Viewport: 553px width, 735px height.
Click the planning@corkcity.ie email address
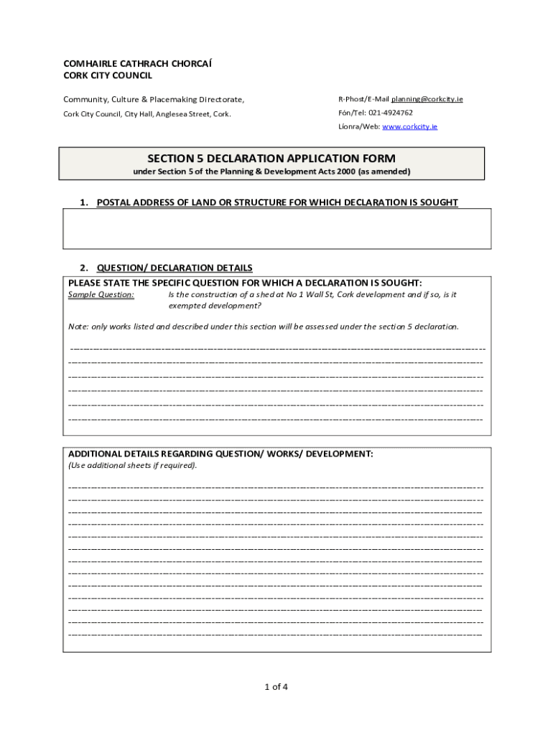click(427, 99)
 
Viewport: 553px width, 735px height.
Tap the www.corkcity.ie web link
click(409, 126)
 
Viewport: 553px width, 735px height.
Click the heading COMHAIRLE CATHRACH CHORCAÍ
click(137, 63)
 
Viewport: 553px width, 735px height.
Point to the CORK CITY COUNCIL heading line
click(108, 75)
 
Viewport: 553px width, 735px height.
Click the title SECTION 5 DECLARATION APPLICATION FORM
click(271, 158)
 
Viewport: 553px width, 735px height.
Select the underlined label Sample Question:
click(101, 294)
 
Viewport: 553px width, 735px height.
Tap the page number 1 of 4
click(276, 687)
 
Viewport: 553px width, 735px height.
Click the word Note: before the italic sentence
click(78, 327)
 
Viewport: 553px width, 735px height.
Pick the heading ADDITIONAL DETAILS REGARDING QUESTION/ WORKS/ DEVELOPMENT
click(220, 454)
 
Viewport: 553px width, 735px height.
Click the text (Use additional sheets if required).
click(132, 465)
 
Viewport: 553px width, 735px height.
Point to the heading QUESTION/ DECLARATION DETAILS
click(175, 268)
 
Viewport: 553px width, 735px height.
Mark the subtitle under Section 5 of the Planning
click(271, 172)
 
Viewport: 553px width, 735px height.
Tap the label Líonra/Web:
click(359, 126)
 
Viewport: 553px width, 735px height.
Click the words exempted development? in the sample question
click(215, 306)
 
